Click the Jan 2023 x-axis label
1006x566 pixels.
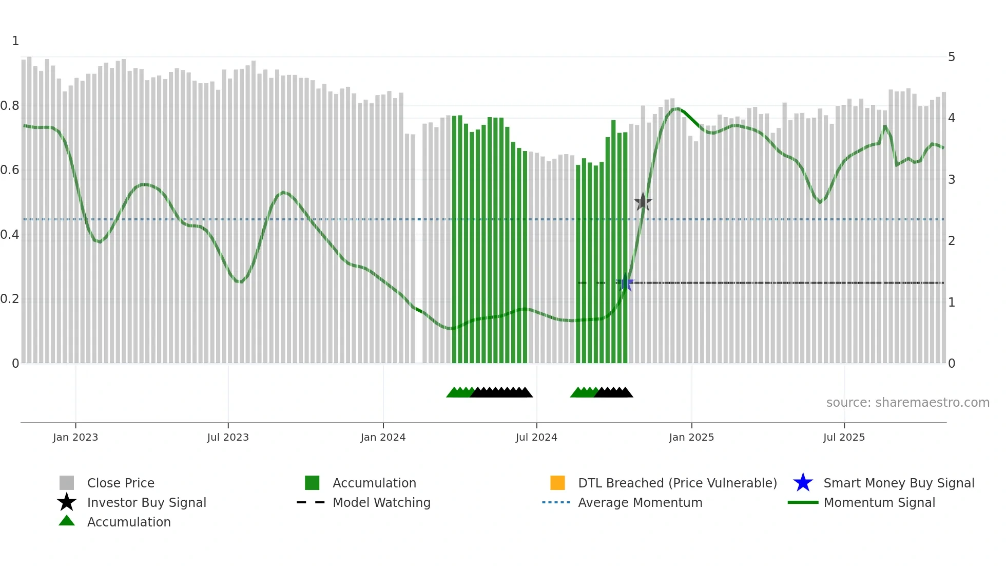click(x=75, y=437)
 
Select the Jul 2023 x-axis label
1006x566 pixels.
click(x=228, y=437)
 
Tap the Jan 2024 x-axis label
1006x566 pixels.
click(x=383, y=437)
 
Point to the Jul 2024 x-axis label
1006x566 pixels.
click(x=536, y=437)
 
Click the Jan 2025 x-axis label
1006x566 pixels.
click(x=691, y=437)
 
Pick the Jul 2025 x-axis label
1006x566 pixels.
click(x=844, y=437)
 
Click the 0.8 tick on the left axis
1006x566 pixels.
click(x=10, y=106)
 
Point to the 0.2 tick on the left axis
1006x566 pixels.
click(x=10, y=299)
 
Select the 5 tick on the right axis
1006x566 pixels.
click(x=952, y=57)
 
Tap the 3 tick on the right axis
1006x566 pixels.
click(x=952, y=180)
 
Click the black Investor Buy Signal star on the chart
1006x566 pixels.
click(x=643, y=202)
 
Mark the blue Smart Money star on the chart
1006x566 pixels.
click(x=625, y=284)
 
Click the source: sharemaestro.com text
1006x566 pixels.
click(x=907, y=403)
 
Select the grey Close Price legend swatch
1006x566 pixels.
click(x=67, y=483)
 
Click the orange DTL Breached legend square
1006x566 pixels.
click(x=557, y=483)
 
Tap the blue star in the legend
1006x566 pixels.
click(x=803, y=483)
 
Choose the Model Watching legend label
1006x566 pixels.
click(x=381, y=502)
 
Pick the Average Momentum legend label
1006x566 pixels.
click(x=640, y=502)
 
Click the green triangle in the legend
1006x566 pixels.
click(x=67, y=521)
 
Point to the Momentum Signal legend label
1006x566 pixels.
click(x=879, y=502)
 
